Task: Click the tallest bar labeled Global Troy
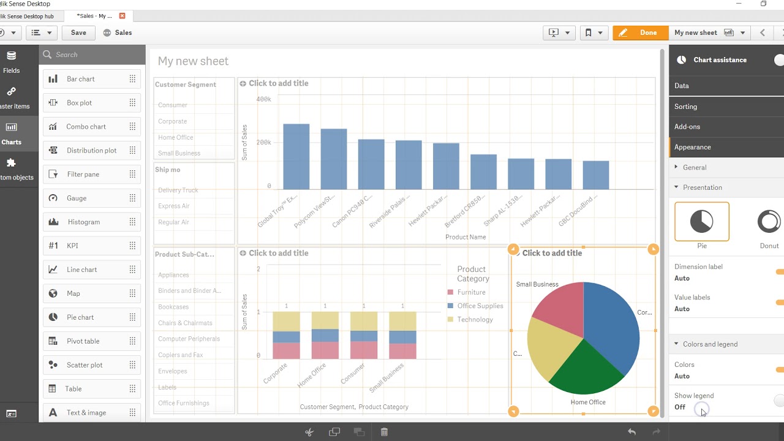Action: pyautogui.click(x=296, y=157)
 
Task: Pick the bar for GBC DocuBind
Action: pyautogui.click(x=595, y=175)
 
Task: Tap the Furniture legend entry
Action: pyautogui.click(x=471, y=292)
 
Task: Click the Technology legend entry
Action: pyautogui.click(x=475, y=319)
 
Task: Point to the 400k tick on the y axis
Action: pyautogui.click(x=263, y=99)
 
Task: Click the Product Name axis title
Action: pyautogui.click(x=466, y=237)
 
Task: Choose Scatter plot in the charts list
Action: pyautogui.click(x=85, y=365)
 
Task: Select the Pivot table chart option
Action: pyautogui.click(x=83, y=341)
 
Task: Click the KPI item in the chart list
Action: pyautogui.click(x=72, y=246)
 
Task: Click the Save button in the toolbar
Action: pyautogui.click(x=78, y=32)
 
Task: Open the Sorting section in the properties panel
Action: pyautogui.click(x=685, y=107)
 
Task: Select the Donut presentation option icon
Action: pyautogui.click(x=769, y=222)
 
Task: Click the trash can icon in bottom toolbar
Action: pyautogui.click(x=384, y=432)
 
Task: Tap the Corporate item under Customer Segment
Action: pyautogui.click(x=173, y=121)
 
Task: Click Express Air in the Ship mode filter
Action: pyautogui.click(x=174, y=206)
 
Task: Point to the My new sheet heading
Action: pyautogui.click(x=193, y=61)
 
